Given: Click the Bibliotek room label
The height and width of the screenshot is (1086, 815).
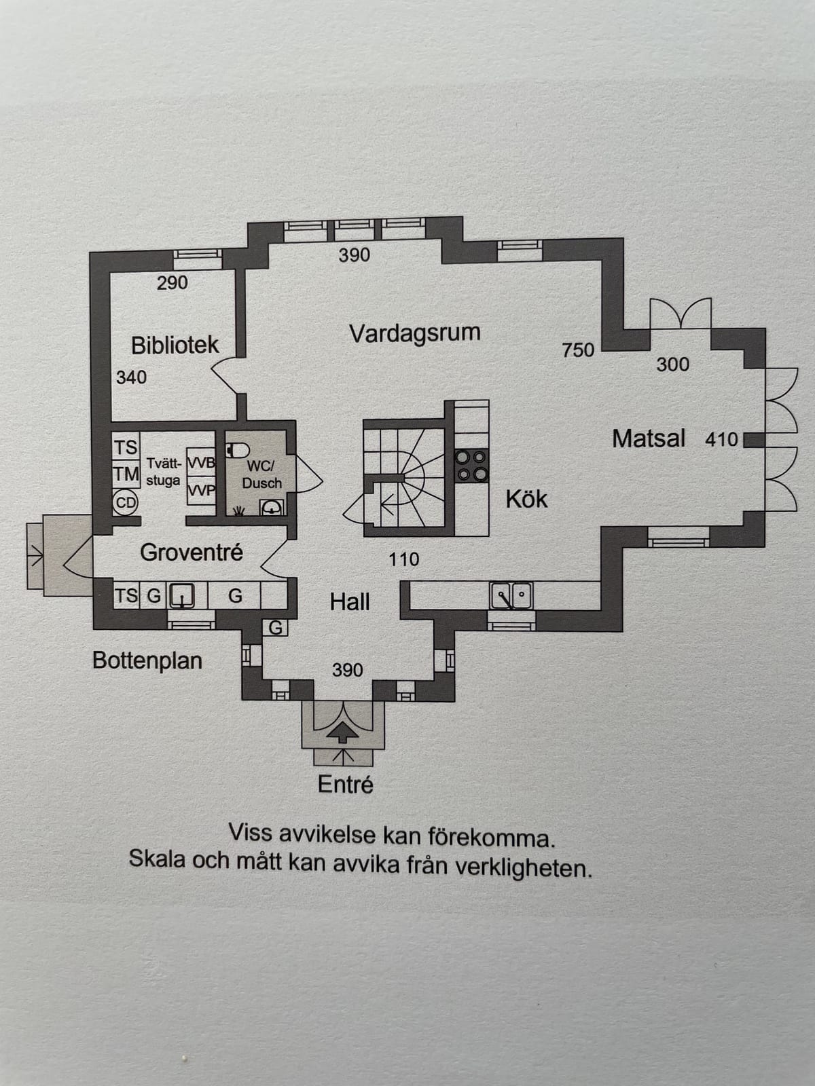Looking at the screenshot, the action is [175, 345].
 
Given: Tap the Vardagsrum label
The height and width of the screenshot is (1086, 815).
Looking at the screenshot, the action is [415, 333].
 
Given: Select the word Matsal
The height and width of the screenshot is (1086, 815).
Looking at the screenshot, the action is [649, 438].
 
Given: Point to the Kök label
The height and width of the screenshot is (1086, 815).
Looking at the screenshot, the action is [526, 499].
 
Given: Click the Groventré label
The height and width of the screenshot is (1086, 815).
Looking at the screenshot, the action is [192, 552].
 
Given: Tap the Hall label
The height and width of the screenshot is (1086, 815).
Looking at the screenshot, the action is [350, 601].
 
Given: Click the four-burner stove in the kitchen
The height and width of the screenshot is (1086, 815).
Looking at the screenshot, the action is [471, 466].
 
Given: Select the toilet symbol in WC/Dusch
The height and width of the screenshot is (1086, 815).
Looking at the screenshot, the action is [238, 450].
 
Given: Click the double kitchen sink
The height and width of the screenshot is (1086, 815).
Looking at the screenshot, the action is [511, 595].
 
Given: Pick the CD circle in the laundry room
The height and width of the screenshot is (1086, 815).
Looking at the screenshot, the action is [125, 503].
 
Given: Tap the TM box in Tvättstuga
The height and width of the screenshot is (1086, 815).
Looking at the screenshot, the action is [126, 474].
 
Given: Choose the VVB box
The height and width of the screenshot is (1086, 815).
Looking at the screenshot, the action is [201, 463].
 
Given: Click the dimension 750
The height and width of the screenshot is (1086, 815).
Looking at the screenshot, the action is [578, 350].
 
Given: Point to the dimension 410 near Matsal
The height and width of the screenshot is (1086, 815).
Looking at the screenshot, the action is [721, 439].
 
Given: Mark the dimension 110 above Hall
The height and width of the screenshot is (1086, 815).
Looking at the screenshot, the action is [404, 559].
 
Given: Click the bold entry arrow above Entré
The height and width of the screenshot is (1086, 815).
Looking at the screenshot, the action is [343, 732].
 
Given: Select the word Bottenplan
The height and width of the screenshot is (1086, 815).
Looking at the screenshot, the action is [147, 660].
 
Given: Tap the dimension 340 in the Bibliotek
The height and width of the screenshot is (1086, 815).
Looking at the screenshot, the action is [131, 377].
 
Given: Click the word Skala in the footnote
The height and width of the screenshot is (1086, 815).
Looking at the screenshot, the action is [156, 859].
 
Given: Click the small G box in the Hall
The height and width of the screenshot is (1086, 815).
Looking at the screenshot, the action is [275, 627].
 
